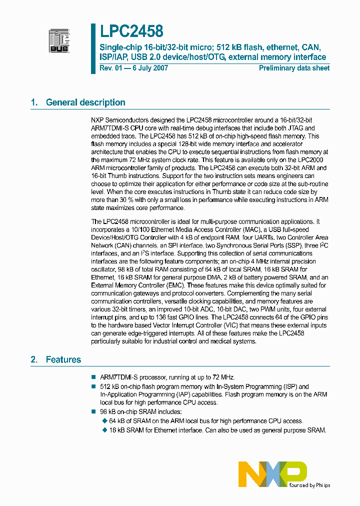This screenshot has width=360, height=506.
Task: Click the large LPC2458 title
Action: (x=131, y=31)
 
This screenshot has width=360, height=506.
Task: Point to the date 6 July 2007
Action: (x=149, y=68)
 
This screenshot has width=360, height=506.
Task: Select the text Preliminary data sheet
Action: (x=294, y=68)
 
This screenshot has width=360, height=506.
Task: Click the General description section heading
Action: (x=85, y=102)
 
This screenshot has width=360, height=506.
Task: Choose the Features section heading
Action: (x=63, y=359)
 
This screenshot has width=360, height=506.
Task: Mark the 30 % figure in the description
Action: (x=114, y=200)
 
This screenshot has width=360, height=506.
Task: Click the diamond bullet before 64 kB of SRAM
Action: (x=104, y=421)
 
